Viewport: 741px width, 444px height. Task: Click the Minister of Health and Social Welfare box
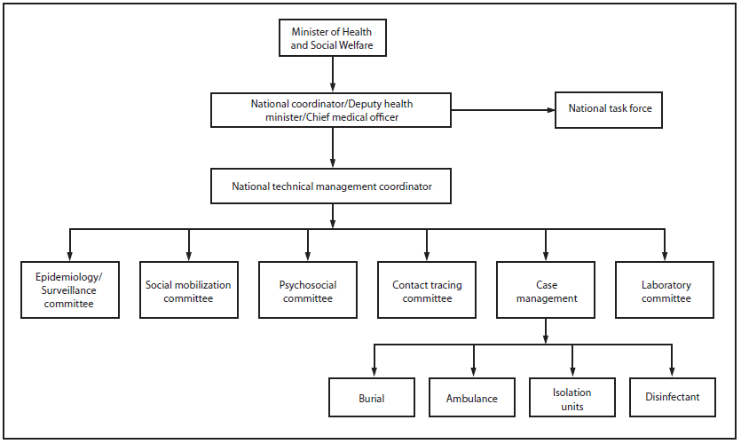(x=332, y=36)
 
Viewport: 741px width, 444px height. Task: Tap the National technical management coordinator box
(x=332, y=186)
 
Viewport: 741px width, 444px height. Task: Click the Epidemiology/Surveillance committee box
(x=70, y=290)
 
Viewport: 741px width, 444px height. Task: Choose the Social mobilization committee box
(x=188, y=290)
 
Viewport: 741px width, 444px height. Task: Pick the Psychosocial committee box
(x=308, y=290)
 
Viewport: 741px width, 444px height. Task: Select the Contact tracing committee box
(x=427, y=290)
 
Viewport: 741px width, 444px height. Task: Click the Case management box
(x=545, y=290)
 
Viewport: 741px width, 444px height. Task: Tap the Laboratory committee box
(x=666, y=290)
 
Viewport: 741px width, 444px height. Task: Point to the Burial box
(x=372, y=398)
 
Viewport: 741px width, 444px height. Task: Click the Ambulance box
(x=472, y=398)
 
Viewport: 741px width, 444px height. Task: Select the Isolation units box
(x=572, y=398)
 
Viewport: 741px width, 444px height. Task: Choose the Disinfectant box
(x=672, y=398)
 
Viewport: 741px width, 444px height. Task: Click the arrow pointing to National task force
(x=502, y=110)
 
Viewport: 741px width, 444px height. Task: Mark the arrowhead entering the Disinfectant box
(x=672, y=373)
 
